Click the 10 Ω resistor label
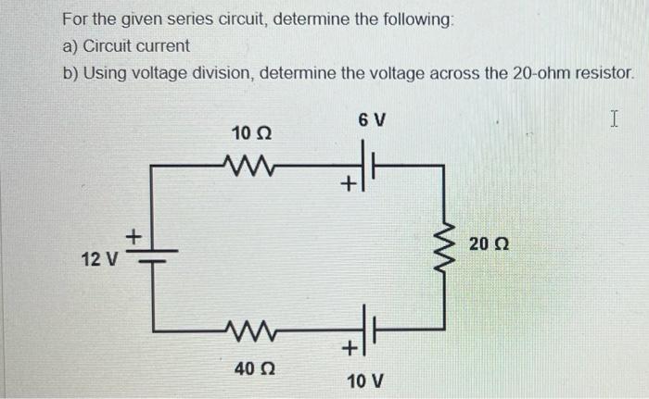click(x=251, y=135)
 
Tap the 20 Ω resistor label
click(x=490, y=244)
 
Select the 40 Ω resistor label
click(x=251, y=368)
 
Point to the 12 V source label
click(x=97, y=259)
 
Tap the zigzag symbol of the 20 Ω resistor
click(x=444, y=246)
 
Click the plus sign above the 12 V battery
click(x=133, y=236)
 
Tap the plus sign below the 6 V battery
click(x=348, y=186)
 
